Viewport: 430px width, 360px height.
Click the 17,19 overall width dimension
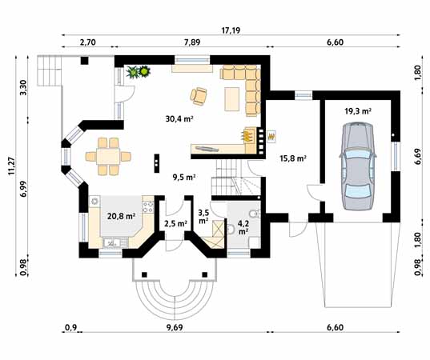(231, 30)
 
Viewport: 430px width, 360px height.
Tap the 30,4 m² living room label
(179, 119)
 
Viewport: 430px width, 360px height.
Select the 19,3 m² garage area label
(358, 111)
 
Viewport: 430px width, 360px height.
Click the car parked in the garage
(358, 166)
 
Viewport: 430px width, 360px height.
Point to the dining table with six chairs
(108, 157)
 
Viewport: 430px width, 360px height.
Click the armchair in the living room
(199, 96)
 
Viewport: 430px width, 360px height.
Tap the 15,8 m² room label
(293, 158)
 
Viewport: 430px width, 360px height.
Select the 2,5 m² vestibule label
(175, 223)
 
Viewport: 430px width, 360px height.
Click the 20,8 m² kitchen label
(121, 216)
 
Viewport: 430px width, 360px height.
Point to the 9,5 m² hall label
(183, 178)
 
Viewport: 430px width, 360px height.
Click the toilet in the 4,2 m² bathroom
(254, 213)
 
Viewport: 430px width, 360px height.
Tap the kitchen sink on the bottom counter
(112, 242)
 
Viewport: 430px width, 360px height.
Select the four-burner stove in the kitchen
(148, 206)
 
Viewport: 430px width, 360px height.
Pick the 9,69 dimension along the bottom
(174, 327)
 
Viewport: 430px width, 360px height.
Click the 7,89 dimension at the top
(192, 42)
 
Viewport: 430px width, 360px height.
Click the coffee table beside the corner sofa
(231, 99)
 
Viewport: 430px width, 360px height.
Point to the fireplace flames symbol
(247, 135)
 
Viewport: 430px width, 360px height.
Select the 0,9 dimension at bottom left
(71, 327)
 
